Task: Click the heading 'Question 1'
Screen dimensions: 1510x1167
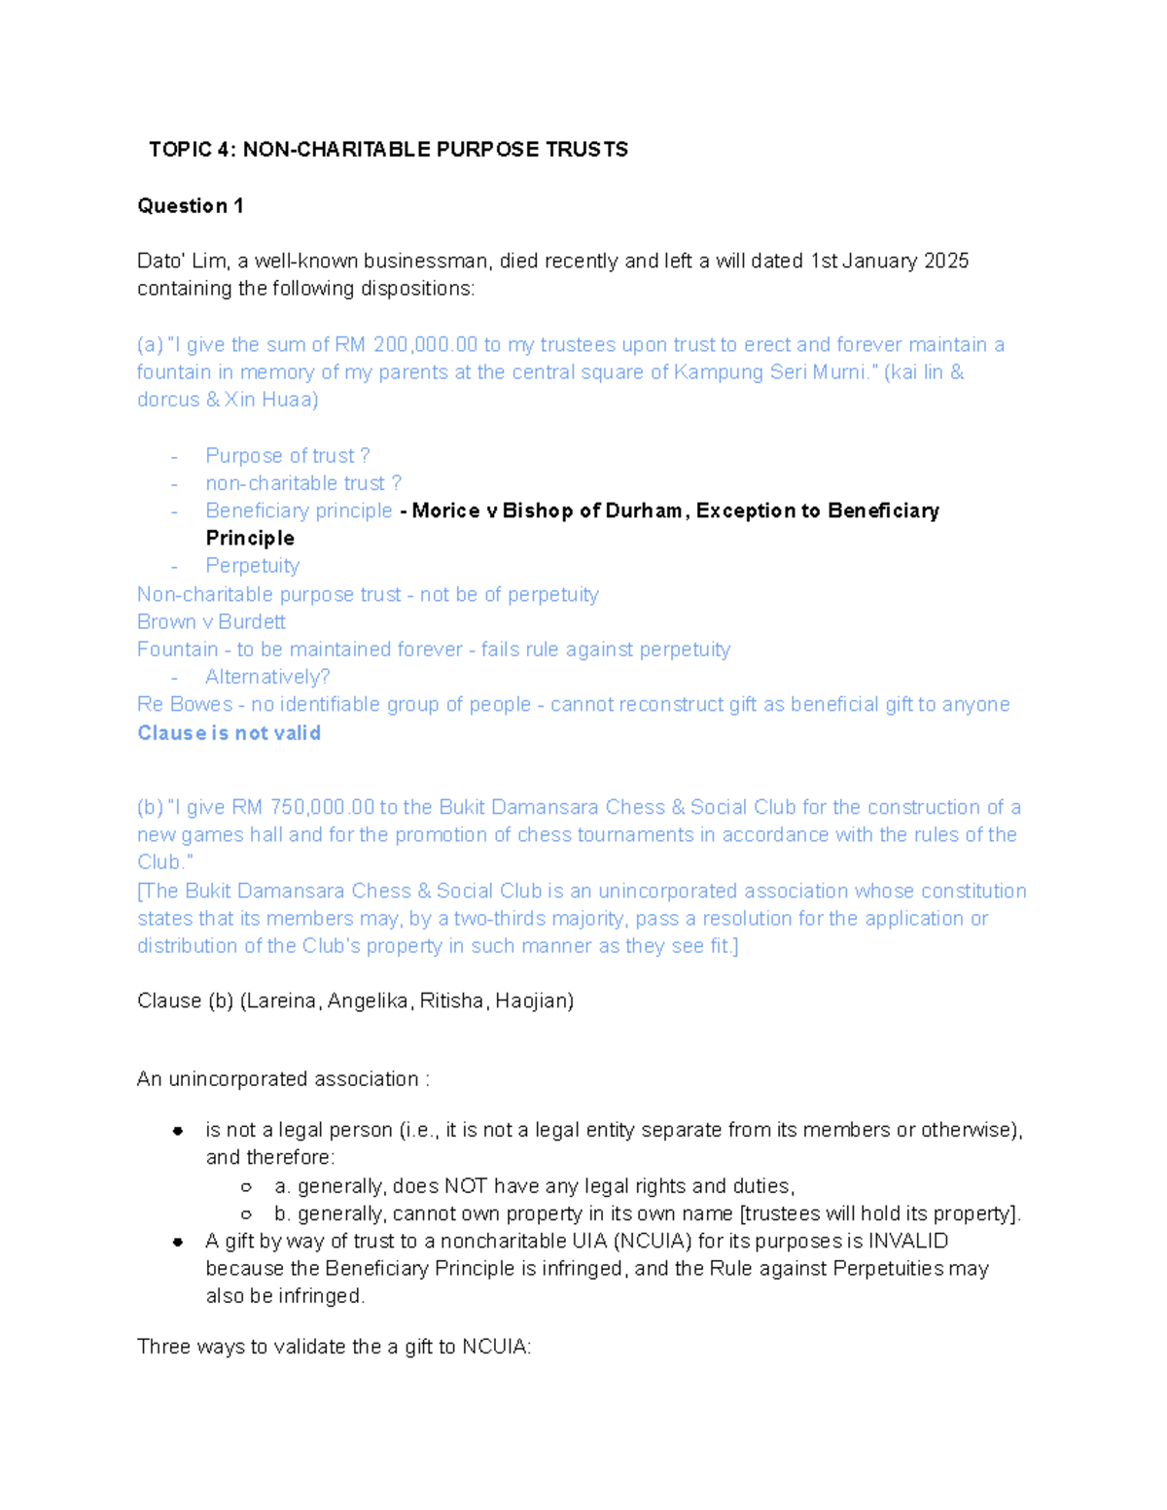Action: pos(191,206)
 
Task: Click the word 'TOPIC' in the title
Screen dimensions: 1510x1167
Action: pos(180,150)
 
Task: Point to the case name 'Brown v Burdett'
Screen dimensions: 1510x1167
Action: pos(211,622)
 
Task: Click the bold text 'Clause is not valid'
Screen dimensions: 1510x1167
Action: pos(229,733)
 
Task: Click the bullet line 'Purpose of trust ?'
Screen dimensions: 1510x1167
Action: pos(287,456)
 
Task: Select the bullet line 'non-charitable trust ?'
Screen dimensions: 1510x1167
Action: pos(302,483)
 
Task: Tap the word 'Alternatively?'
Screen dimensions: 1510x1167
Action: pos(267,677)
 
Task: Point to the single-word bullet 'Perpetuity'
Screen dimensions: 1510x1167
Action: pos(252,566)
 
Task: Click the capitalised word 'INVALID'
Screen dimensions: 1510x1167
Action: pos(908,1242)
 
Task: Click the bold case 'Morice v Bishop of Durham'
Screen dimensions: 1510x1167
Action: pos(547,511)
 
